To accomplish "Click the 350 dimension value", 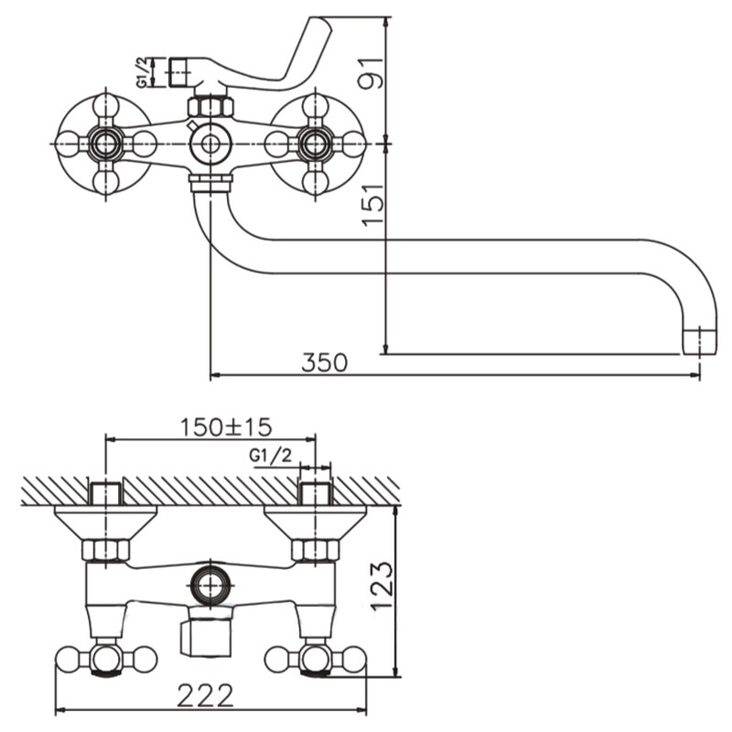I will (324, 362).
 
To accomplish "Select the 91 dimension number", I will (371, 70).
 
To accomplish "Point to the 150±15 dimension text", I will (226, 426).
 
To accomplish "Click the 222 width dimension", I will (206, 694).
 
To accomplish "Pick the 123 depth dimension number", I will (382, 586).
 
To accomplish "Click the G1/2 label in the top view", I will (143, 72).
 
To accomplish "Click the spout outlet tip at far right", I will (699, 340).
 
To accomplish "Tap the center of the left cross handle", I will (106, 144).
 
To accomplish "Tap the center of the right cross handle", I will (315, 144).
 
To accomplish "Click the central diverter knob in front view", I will (210, 144).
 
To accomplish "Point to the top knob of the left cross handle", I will (106, 105).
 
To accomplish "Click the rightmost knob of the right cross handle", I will (354, 144).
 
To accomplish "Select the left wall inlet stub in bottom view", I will (106, 492).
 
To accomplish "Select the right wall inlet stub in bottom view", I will (315, 492).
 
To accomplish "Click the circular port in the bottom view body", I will (210, 584).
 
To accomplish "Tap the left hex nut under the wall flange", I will (106, 550).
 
